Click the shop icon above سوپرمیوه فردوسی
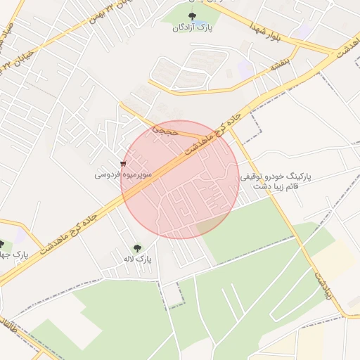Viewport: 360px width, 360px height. click(123, 164)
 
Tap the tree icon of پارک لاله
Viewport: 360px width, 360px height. click(137, 247)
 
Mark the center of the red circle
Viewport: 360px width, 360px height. click(180, 179)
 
